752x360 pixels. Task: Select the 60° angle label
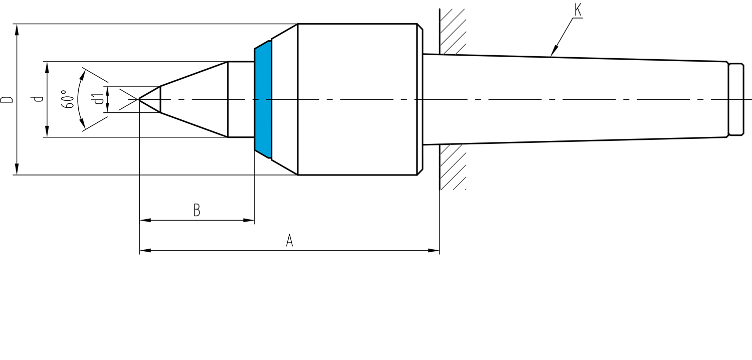coord(68,99)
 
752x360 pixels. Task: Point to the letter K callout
coord(578,10)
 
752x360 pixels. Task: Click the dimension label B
coord(197,210)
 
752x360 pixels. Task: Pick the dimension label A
coord(289,241)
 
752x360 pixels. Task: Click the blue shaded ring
coord(263,99)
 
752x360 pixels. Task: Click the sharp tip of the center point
coord(139,99)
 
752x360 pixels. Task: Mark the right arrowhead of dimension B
coord(249,220)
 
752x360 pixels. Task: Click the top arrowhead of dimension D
coord(17,30)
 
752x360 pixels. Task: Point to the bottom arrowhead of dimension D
coord(17,169)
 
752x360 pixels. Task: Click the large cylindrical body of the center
coord(357,99)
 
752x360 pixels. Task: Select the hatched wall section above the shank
coord(453,32)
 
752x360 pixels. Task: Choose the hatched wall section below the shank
coord(453,167)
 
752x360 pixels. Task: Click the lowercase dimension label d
coord(40,99)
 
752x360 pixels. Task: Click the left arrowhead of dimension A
coord(145,251)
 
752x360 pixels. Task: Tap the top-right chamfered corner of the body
coord(420,27)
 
